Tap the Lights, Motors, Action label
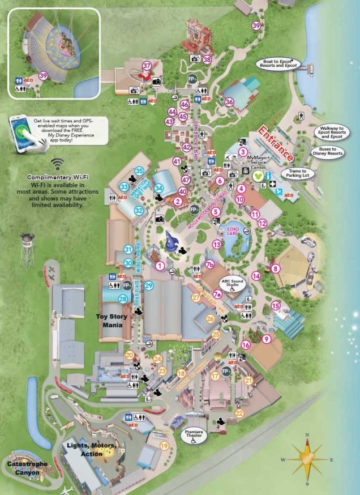coord(91,449)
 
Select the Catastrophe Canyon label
coord(27,467)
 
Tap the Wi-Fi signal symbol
coord(56,165)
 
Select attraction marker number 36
coord(229,102)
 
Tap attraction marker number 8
coord(276,268)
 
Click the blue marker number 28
coord(123,298)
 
